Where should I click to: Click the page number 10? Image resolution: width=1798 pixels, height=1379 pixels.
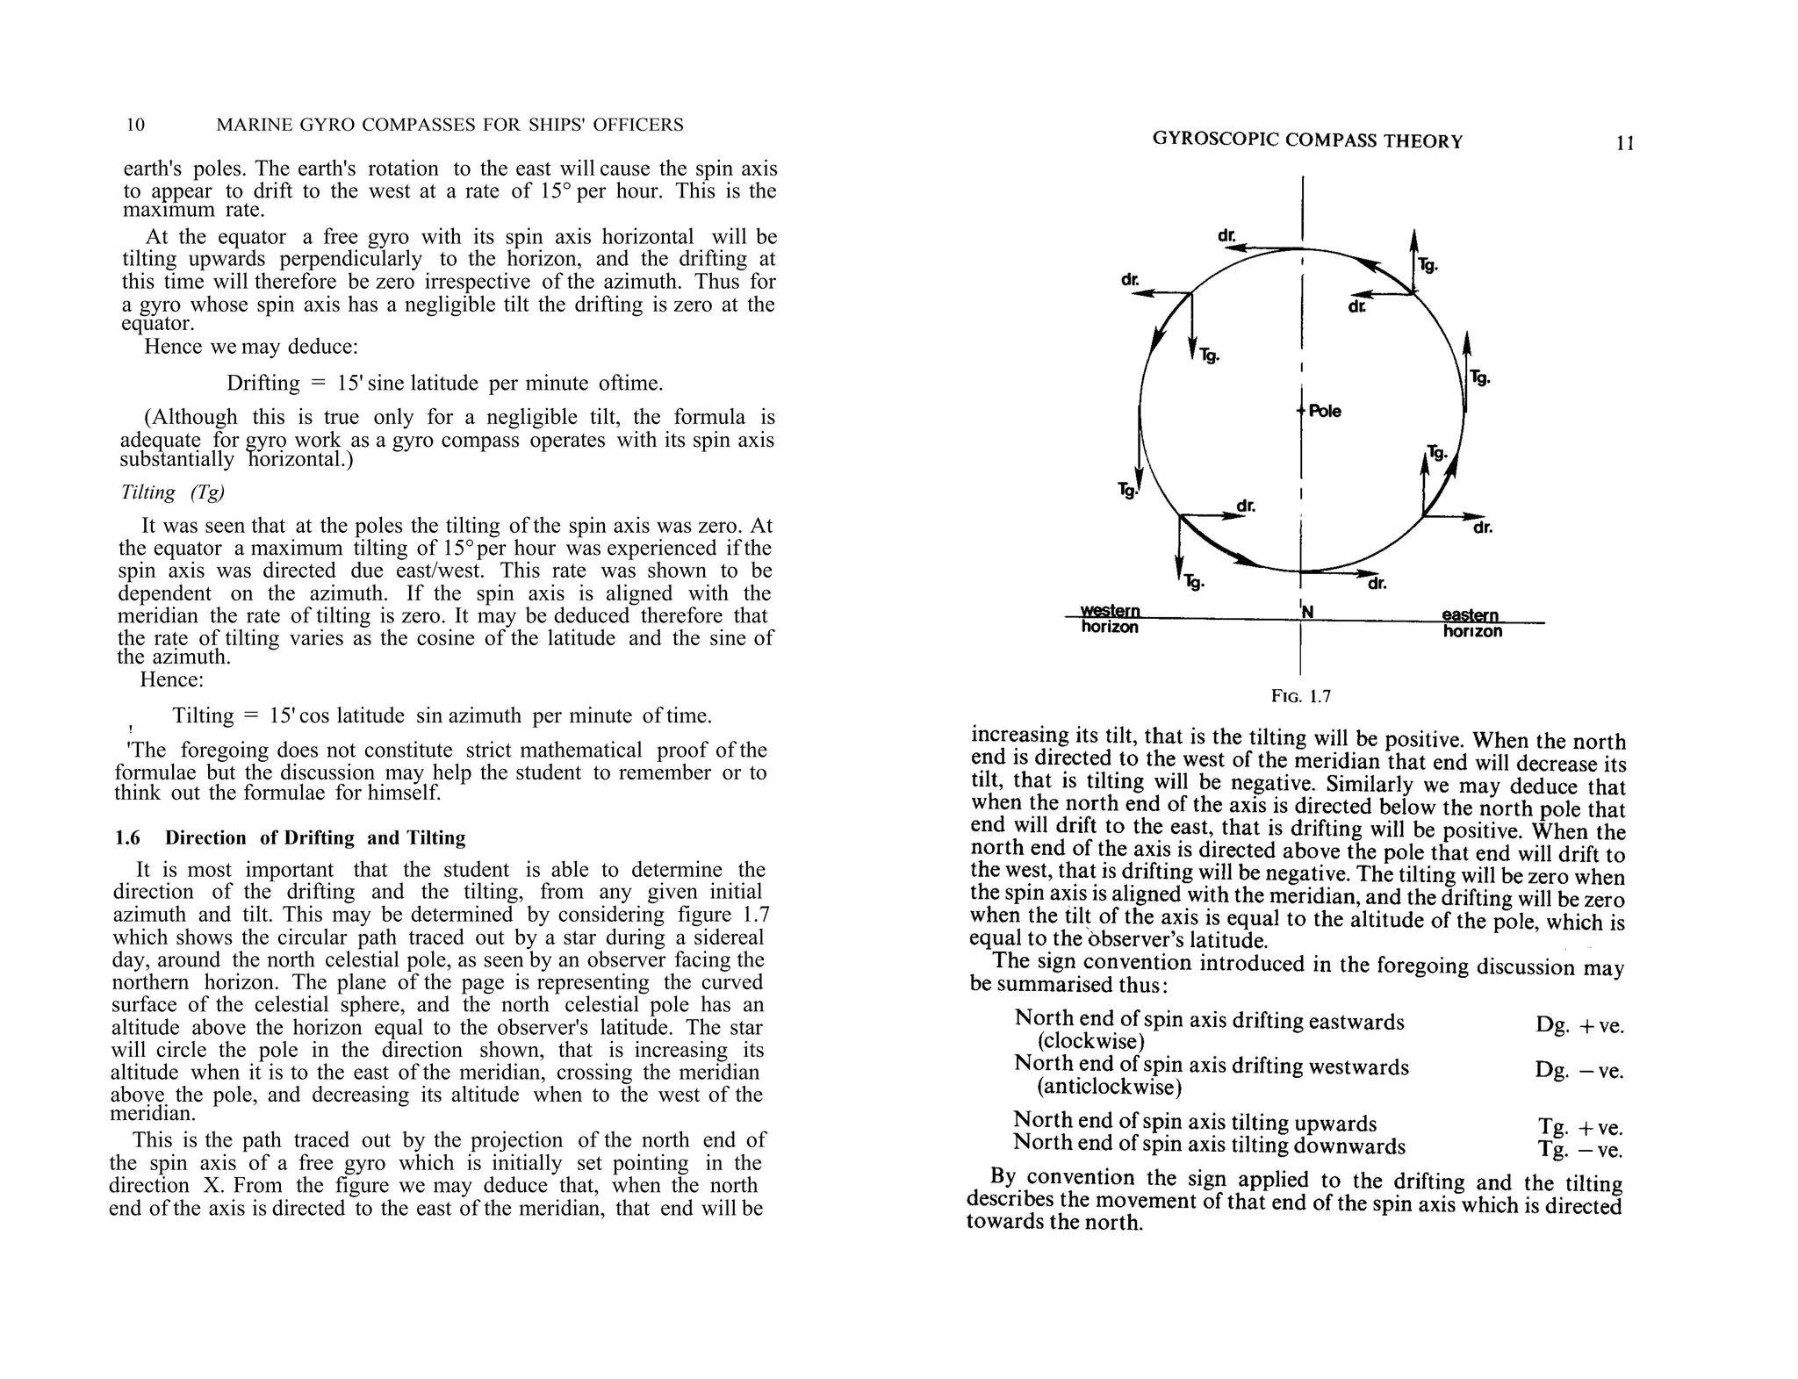click(x=135, y=125)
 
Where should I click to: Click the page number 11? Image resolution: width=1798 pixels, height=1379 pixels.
click(x=1625, y=143)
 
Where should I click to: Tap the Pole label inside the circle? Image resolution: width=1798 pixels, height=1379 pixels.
click(x=1324, y=412)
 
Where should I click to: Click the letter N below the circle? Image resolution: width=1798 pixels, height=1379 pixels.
click(x=1307, y=612)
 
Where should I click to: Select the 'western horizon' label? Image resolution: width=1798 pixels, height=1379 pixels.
click(x=1110, y=619)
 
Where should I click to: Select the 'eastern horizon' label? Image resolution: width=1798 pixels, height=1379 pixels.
click(x=1471, y=623)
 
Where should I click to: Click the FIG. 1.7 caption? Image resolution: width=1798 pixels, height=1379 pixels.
click(x=1301, y=697)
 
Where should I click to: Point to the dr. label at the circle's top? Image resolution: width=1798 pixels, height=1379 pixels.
click(x=1226, y=236)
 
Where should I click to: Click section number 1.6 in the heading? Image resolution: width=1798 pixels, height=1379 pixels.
click(x=127, y=838)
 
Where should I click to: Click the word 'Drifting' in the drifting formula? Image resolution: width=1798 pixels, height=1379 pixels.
click(x=263, y=384)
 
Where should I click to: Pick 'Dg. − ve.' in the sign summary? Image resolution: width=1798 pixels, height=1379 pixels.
click(x=1579, y=1071)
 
